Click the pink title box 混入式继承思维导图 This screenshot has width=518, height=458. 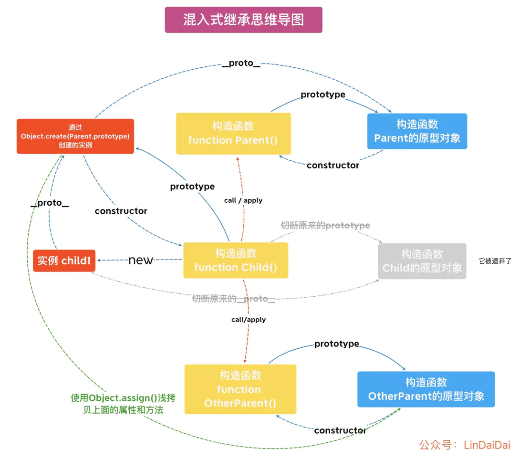[243, 20]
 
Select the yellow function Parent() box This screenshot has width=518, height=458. [233, 134]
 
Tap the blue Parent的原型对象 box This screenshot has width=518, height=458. [417, 131]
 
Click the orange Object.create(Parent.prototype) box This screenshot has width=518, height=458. [75, 136]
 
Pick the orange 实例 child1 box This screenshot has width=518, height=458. [64, 260]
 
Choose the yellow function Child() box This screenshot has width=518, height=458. [236, 260]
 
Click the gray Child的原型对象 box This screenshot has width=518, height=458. [422, 261]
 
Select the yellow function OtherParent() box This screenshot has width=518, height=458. [240, 389]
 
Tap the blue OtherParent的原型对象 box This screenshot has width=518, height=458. [426, 389]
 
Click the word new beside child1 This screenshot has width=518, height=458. [141, 260]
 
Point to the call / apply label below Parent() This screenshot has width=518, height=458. [243, 200]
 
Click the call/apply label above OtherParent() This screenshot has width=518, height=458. [249, 320]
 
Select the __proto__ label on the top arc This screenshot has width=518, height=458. [241, 63]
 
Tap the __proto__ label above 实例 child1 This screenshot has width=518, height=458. [50, 203]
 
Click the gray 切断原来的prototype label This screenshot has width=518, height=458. [325, 225]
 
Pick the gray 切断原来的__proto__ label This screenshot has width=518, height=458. [234, 299]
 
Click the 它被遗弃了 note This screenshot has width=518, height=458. [495, 261]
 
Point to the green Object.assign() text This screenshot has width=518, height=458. [123, 404]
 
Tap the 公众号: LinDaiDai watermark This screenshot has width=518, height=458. [465, 445]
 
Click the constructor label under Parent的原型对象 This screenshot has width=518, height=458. [333, 165]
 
